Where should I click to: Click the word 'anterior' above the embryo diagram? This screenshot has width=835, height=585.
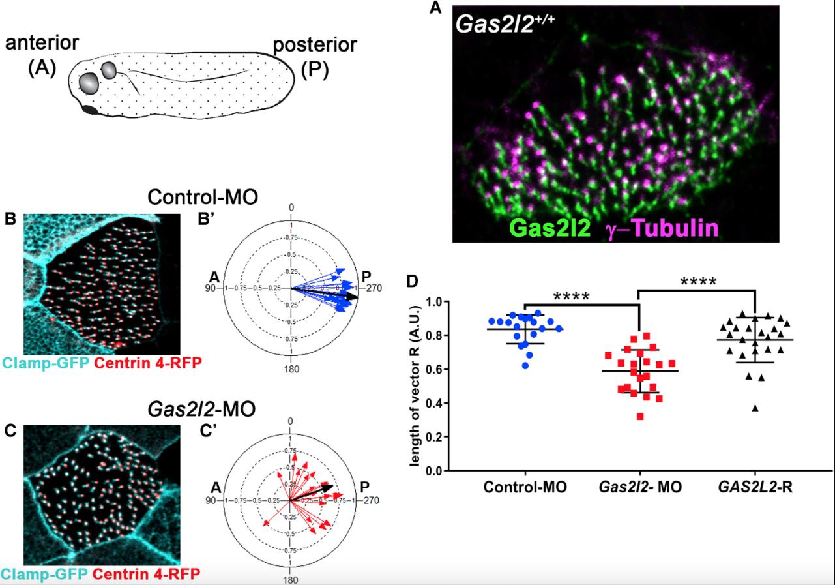[42, 43]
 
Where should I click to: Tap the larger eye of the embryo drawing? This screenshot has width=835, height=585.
[90, 83]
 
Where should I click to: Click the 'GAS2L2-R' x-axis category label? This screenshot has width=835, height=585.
[754, 487]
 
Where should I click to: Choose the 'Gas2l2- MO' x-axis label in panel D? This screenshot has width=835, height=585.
[639, 487]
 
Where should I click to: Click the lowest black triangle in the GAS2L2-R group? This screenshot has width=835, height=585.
[755, 408]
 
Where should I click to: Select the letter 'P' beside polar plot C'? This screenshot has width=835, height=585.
[364, 486]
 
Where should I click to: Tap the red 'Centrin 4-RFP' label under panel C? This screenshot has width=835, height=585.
[146, 574]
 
